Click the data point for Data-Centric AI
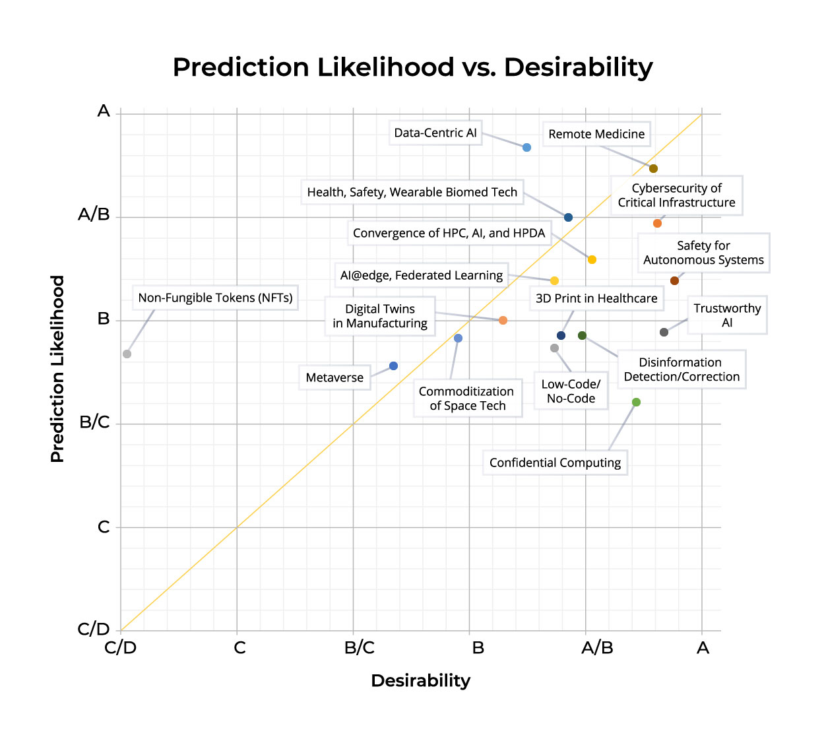coord(526,147)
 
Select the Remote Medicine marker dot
coord(653,168)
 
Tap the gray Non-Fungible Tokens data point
coord(127,354)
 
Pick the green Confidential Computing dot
coord(636,402)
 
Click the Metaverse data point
coord(393,366)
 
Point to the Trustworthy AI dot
coord(664,332)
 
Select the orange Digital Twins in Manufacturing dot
coord(503,320)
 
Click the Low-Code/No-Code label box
coord(571,391)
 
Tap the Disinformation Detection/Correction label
coord(681,370)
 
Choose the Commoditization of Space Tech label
coord(467,399)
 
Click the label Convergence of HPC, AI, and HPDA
coord(449,233)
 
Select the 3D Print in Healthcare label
coord(596,298)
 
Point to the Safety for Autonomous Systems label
coord(703,253)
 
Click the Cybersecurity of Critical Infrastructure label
coord(676,195)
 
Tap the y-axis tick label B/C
coord(94,422)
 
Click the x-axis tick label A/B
coord(597,648)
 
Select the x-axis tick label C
coord(239,648)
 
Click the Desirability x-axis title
coord(420,680)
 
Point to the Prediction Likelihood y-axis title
coord(58,369)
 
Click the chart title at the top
coord(412,67)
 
